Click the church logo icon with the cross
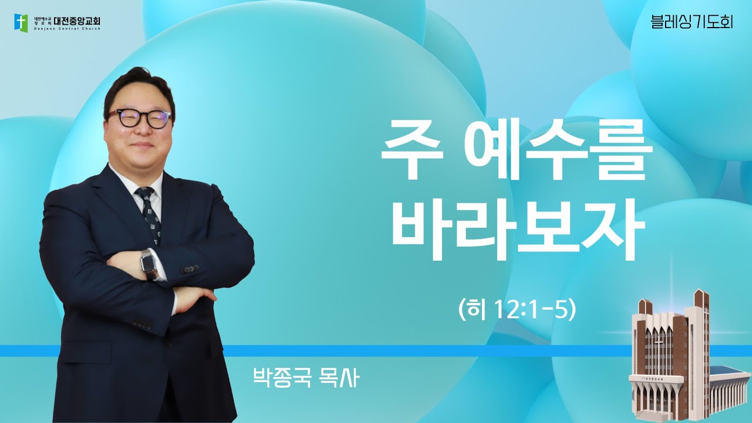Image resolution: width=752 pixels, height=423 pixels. point(21,22)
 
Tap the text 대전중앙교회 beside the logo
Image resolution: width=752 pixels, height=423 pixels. point(77,21)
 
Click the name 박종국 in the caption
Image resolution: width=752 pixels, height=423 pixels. point(277,377)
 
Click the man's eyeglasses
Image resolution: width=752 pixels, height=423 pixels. point(139,118)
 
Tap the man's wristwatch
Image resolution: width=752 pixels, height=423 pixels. point(149,264)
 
